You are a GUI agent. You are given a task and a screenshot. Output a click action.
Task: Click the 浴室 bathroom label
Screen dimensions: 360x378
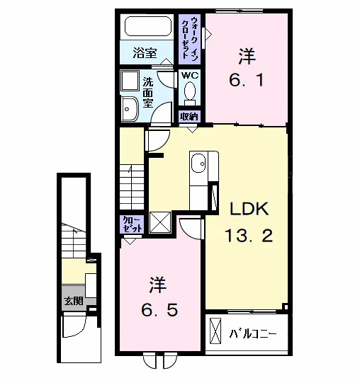(x=145, y=53)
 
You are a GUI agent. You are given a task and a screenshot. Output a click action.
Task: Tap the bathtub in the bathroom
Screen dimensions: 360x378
(x=148, y=26)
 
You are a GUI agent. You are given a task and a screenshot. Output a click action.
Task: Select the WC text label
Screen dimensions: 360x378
(x=190, y=76)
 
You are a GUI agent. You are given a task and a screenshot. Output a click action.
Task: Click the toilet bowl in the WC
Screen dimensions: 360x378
(x=190, y=91)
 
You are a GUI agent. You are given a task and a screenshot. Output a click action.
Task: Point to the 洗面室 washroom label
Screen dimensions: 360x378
(x=147, y=92)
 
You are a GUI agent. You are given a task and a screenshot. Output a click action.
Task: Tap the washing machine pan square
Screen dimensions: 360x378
(x=130, y=81)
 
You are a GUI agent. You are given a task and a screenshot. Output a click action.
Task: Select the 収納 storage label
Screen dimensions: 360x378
(x=189, y=116)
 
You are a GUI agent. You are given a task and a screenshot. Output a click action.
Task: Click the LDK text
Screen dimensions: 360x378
(x=249, y=209)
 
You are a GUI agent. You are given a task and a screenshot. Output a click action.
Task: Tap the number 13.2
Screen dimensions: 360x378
(x=249, y=236)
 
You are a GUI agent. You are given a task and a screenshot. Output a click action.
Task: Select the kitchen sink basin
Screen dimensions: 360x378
(x=198, y=164)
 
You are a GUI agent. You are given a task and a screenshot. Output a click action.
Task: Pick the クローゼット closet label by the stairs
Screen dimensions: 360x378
(x=132, y=224)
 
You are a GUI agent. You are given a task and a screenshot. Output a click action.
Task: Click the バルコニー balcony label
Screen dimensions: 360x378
(x=252, y=334)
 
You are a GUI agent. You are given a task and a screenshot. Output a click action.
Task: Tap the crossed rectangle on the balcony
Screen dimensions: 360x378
(x=215, y=331)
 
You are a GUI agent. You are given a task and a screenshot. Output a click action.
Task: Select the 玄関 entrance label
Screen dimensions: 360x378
(x=74, y=301)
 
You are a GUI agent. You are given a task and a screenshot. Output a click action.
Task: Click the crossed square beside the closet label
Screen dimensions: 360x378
(x=160, y=222)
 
